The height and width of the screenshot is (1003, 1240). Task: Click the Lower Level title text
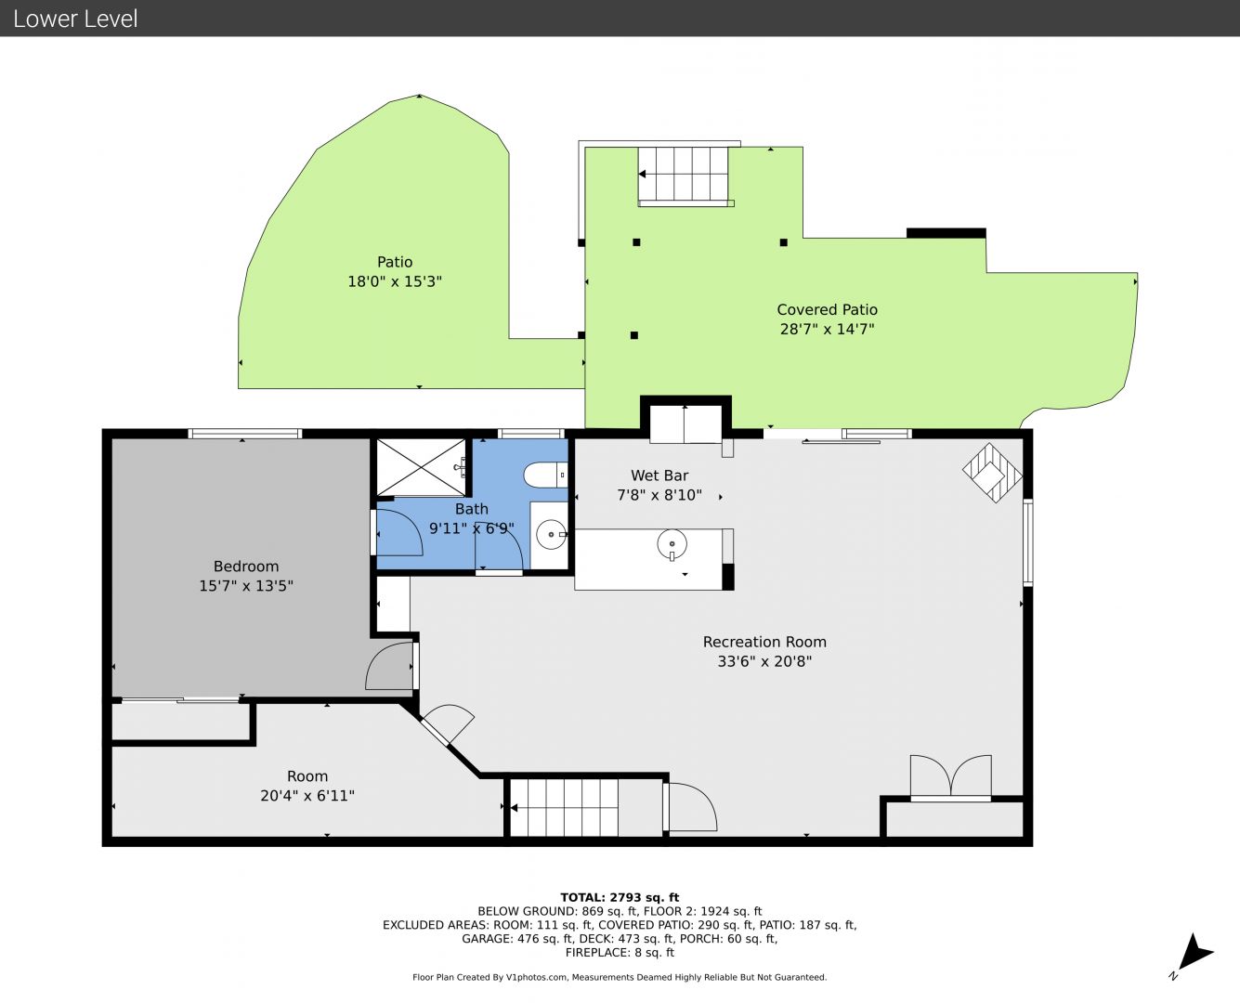pyautogui.click(x=75, y=19)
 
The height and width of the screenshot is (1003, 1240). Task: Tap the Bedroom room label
pyautogui.click(x=245, y=566)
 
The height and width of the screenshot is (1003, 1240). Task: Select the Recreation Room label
pyautogui.click(x=764, y=642)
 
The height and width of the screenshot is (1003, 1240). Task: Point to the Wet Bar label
pyautogui.click(x=659, y=475)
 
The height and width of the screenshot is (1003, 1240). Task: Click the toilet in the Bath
pyautogui.click(x=545, y=475)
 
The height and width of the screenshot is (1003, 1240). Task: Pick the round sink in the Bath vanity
pyautogui.click(x=551, y=534)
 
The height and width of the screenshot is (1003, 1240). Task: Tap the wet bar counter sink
pyautogui.click(x=672, y=544)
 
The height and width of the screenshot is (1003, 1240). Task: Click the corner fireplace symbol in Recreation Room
pyautogui.click(x=993, y=473)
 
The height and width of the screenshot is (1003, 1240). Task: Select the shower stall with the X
pyautogui.click(x=422, y=467)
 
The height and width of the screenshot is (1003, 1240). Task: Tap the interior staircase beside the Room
pyautogui.click(x=564, y=808)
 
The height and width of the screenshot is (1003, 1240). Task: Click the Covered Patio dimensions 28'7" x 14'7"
pyautogui.click(x=828, y=329)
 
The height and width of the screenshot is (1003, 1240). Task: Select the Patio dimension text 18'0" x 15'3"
pyautogui.click(x=395, y=281)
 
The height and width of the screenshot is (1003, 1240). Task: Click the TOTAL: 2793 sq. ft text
pyautogui.click(x=620, y=898)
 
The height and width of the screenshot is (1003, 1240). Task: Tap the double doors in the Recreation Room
pyautogui.click(x=951, y=777)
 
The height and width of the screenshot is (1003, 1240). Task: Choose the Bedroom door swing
pyautogui.click(x=389, y=666)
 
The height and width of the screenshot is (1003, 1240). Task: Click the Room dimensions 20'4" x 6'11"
pyautogui.click(x=307, y=796)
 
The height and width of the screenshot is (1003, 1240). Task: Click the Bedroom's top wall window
pyautogui.click(x=244, y=434)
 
